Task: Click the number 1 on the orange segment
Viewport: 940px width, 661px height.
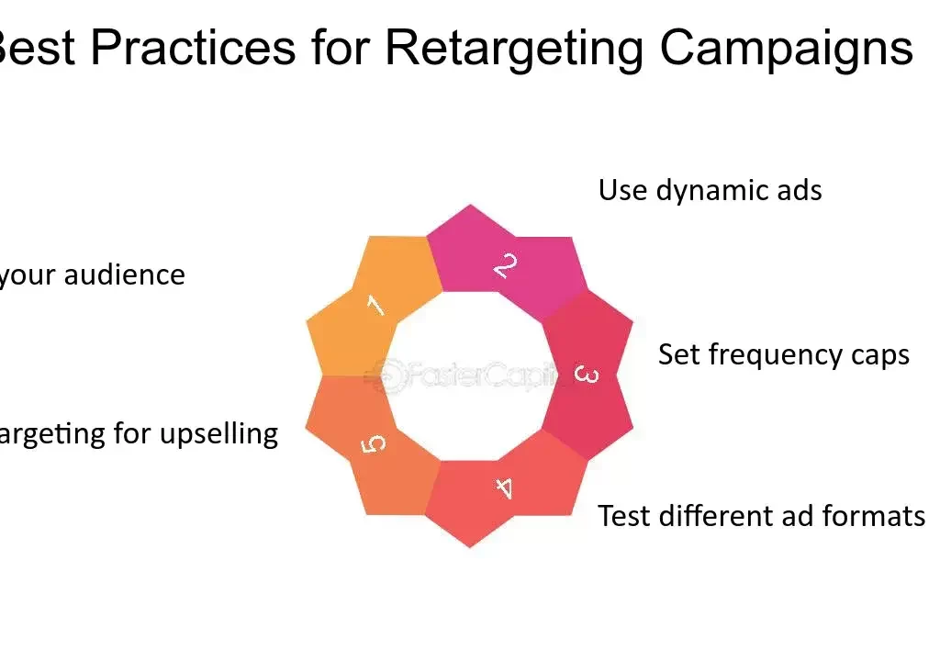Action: (x=375, y=306)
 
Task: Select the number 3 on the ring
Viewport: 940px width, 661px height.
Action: (x=586, y=375)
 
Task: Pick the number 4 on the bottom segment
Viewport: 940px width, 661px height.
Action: (x=504, y=487)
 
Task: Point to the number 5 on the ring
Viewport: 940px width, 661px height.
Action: (x=374, y=444)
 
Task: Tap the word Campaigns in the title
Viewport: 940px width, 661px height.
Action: (x=786, y=48)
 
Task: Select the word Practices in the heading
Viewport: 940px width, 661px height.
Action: (x=193, y=48)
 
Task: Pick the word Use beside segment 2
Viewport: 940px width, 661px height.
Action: (x=621, y=190)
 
